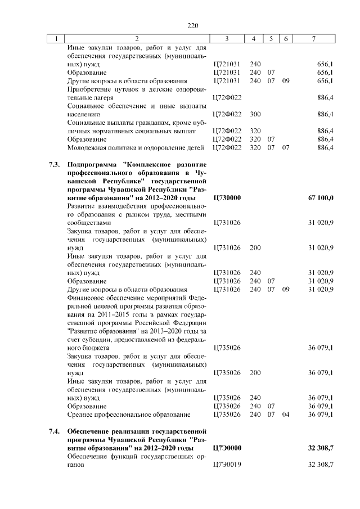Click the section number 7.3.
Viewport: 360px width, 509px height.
(x=54, y=165)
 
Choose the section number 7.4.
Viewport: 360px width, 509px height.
(x=54, y=431)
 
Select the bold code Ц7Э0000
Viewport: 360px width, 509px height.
(x=228, y=448)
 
